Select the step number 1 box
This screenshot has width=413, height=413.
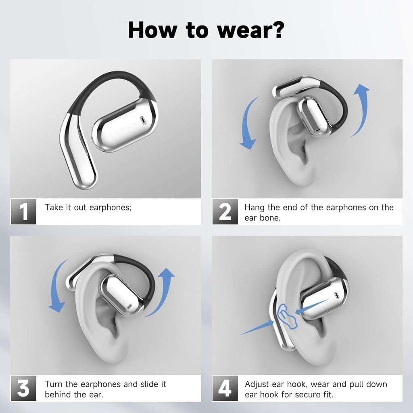click(23, 211)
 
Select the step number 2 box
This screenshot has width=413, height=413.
click(225, 211)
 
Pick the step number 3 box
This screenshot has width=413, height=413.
click(23, 388)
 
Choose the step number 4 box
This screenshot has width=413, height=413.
click(225, 388)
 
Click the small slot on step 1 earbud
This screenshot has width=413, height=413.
click(142, 120)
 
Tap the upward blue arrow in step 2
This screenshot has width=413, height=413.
click(360, 109)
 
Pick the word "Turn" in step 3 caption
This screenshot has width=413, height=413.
click(54, 384)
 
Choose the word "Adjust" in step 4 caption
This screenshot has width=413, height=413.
click(257, 384)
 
